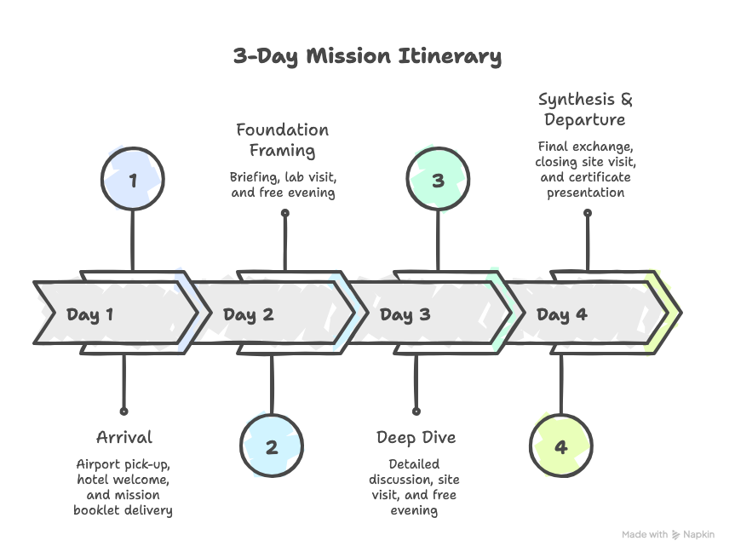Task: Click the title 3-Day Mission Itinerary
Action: coord(367,57)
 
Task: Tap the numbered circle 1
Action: coord(132,180)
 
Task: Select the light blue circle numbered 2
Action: coord(272,446)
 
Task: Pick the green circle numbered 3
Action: coord(438,180)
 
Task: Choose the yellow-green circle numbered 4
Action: coord(560,446)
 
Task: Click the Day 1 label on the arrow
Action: coord(89,315)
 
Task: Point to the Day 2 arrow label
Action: coord(248,315)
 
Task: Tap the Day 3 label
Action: coord(405,315)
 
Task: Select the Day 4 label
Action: coord(561,315)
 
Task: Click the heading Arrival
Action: coord(124,438)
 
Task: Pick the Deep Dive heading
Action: coord(416,438)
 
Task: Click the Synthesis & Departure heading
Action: coord(586,109)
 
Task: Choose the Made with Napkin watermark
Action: coord(668,535)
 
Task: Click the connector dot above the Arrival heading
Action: coord(124,410)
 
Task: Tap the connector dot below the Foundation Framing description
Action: coord(284,214)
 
